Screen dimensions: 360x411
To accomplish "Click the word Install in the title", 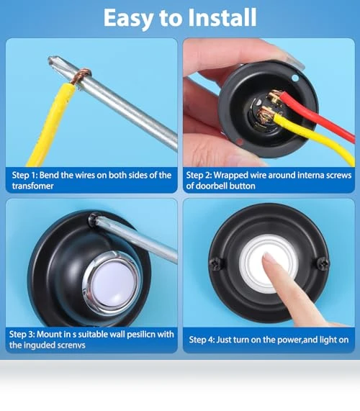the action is tap(222, 17).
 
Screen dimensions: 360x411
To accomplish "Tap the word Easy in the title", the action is tap(128, 19).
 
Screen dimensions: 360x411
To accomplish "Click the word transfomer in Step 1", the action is tap(32, 186).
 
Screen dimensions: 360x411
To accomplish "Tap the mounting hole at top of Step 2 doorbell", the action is tap(295, 78).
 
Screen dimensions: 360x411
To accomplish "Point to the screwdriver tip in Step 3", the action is tap(93, 219).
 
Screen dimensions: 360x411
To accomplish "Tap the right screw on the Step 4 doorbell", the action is tap(323, 263).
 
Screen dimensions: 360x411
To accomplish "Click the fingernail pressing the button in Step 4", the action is tap(268, 258).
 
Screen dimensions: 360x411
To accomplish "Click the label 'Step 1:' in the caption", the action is tap(24, 175).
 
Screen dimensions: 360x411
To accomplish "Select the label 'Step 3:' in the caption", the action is tap(22, 335).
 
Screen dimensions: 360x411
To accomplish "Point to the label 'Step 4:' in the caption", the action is tap(202, 340).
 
